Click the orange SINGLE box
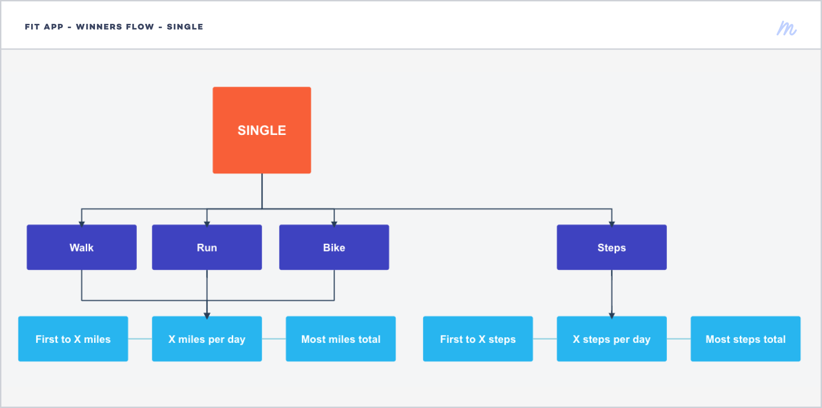pyautogui.click(x=262, y=130)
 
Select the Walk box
pyautogui.click(x=82, y=247)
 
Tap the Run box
pyautogui.click(x=207, y=247)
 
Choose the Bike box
pyautogui.click(x=334, y=247)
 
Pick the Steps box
pyautogui.click(x=612, y=247)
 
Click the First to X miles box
pyautogui.click(x=73, y=339)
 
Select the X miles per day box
pyautogui.click(x=207, y=339)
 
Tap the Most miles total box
pyautogui.click(x=341, y=339)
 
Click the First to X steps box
pyautogui.click(x=478, y=339)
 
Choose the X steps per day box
pyautogui.click(x=612, y=339)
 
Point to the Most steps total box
pyautogui.click(x=746, y=339)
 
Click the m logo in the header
pyautogui.click(x=787, y=28)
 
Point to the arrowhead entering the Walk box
pyautogui.click(x=82, y=224)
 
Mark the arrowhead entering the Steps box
pyautogui.click(x=612, y=224)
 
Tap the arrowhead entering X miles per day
pyautogui.click(x=207, y=316)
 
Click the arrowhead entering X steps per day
pyautogui.click(x=612, y=316)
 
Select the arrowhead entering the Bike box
pyautogui.click(x=334, y=224)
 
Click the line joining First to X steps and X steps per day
pyautogui.click(x=545, y=339)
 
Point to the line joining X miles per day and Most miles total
pyautogui.click(x=274, y=339)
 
